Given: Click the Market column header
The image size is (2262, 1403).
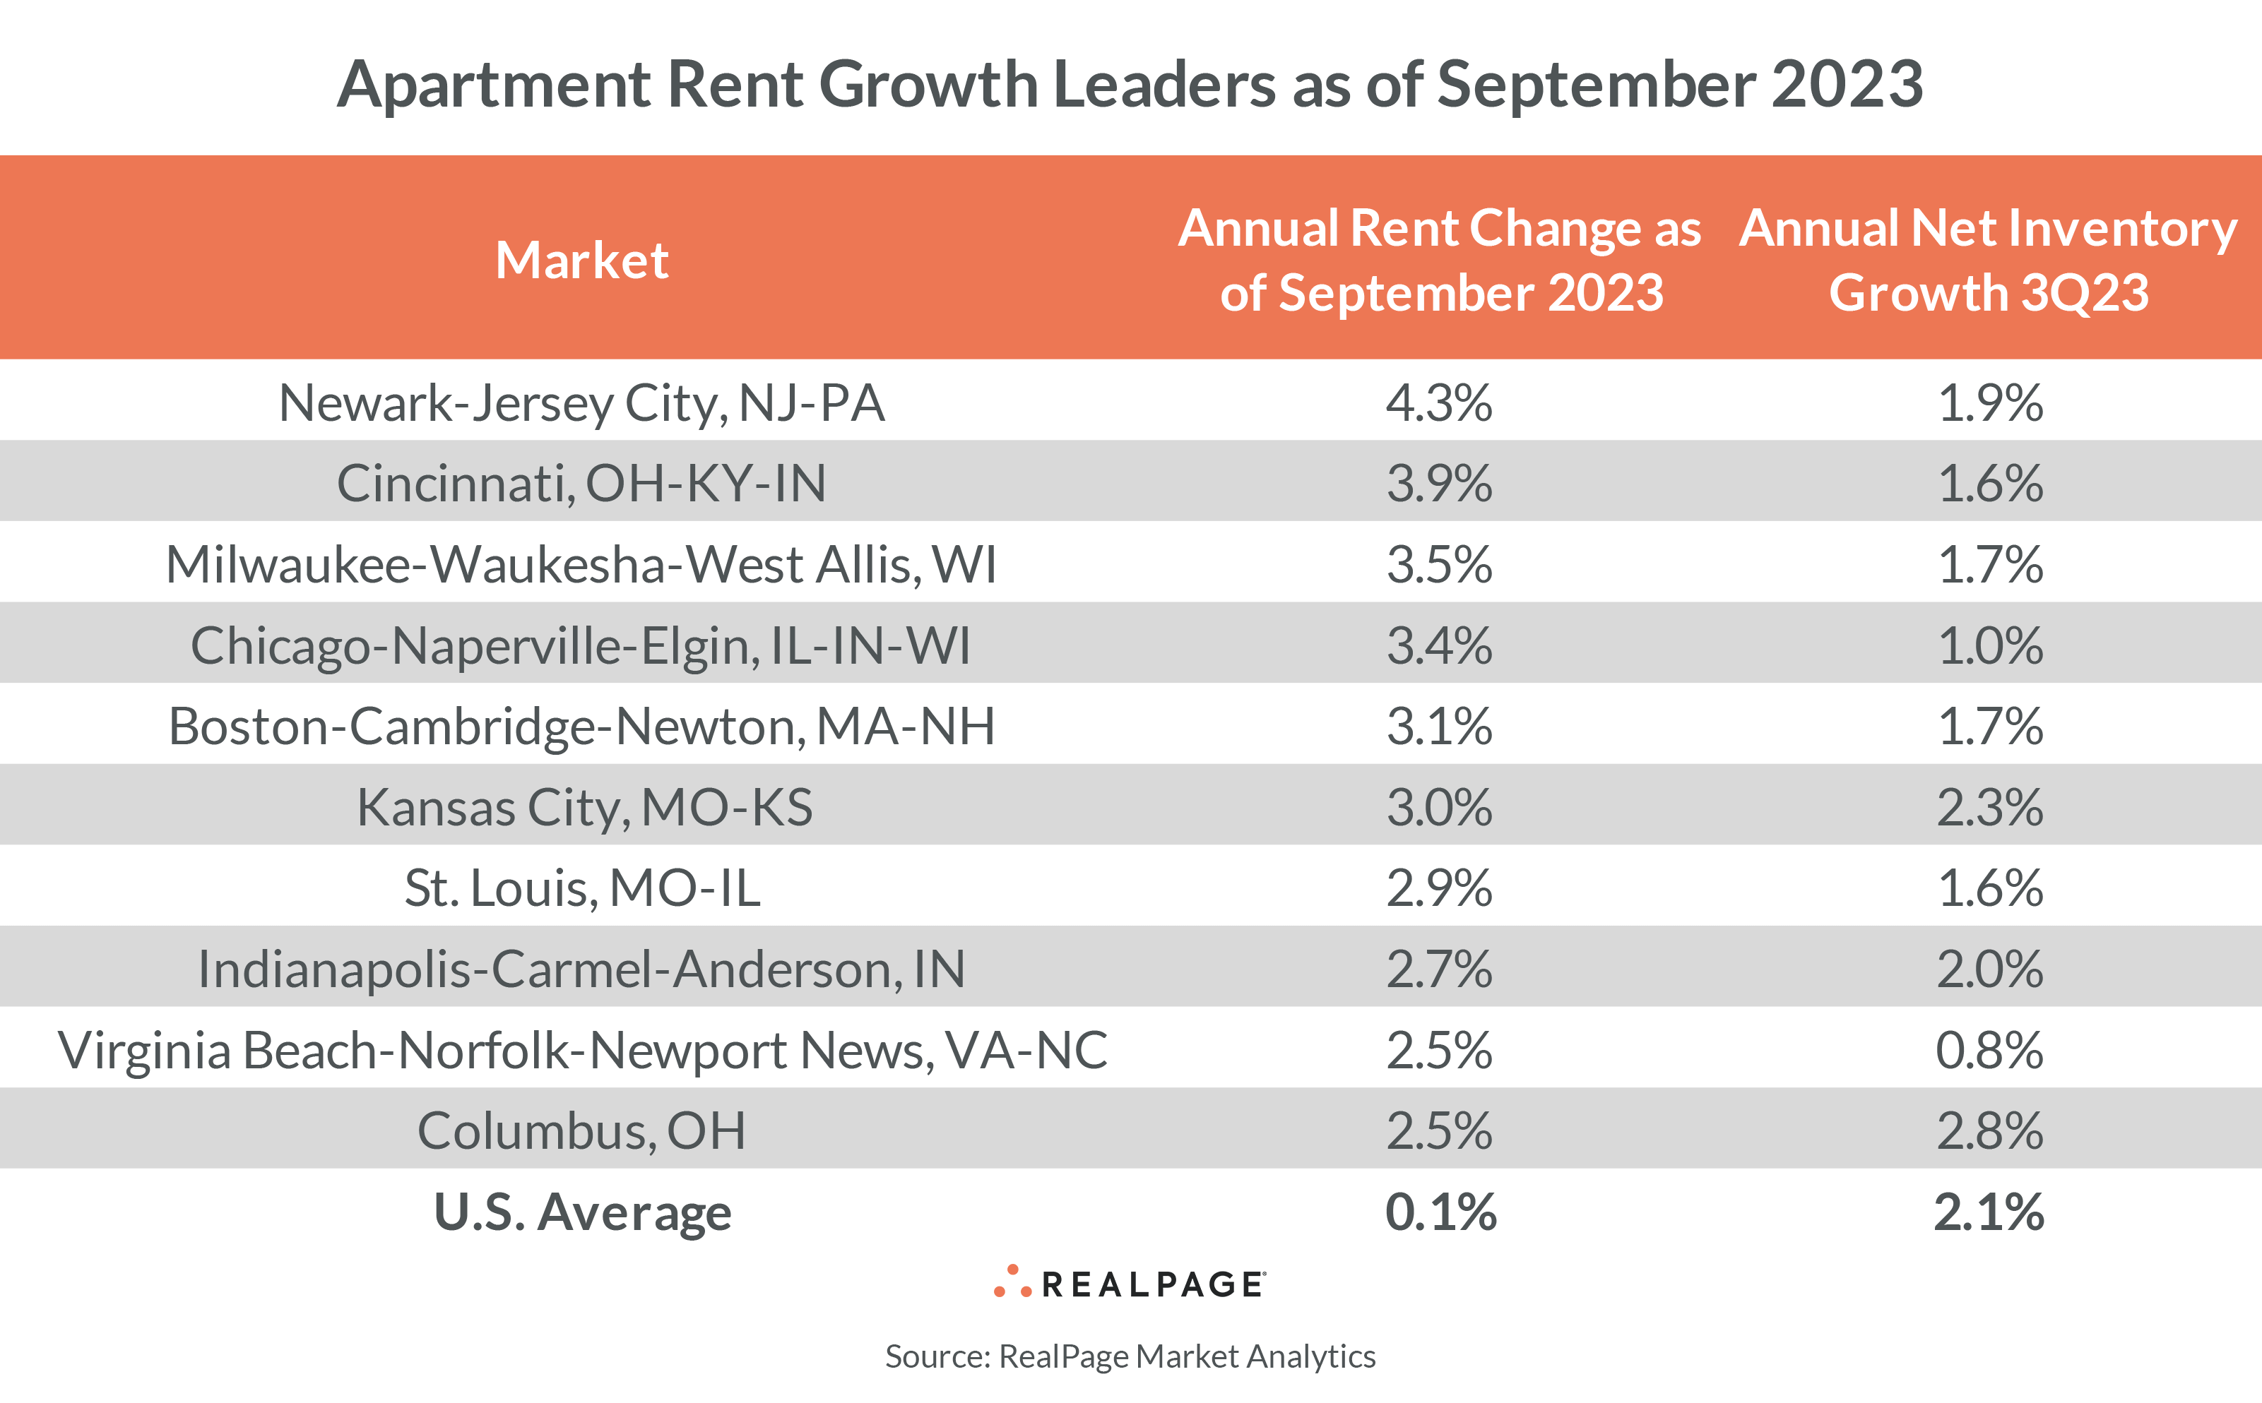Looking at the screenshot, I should coord(582,260).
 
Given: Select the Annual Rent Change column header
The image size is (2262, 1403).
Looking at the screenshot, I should coord(1440,260).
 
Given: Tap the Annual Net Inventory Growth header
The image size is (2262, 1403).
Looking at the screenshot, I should coord(1988,260).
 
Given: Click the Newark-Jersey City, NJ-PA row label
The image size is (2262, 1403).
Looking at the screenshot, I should coord(582,402).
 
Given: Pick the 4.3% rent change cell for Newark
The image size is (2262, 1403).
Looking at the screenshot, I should coord(1440,402).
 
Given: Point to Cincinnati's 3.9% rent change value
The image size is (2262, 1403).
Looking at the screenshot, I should coord(1440,484).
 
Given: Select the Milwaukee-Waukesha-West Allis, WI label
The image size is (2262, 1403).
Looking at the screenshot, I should coord(582,564).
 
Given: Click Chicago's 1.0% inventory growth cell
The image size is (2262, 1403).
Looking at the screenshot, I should coord(1990,646).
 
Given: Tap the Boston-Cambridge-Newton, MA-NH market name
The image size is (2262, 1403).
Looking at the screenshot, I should coord(582,727).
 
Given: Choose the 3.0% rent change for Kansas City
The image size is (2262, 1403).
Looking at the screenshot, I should coord(1440,807).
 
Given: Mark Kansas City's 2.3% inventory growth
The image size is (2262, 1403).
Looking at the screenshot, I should coord(1990,807).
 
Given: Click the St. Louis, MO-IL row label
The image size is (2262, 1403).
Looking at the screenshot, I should coord(582,888).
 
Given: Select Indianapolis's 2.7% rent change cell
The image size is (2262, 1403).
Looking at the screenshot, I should coord(1440,969).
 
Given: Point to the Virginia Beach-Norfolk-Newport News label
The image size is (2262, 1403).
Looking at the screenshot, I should coord(582,1051).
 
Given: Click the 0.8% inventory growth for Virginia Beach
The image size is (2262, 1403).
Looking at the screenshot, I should coord(1990,1051).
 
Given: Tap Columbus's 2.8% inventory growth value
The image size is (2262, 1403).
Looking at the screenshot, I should coord(1990,1131).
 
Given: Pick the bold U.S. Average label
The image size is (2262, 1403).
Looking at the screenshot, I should coord(582,1212).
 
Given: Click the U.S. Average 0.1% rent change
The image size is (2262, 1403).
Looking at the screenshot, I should coord(1440,1212).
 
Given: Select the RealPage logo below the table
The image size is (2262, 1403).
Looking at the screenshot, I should coord(1130,1283).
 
